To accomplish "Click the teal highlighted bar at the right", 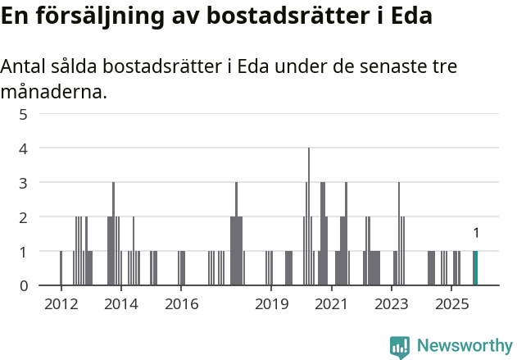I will (x=475, y=268).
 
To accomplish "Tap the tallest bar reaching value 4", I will (x=309, y=216).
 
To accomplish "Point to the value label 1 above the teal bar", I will (x=476, y=233).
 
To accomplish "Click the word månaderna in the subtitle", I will (x=53, y=92).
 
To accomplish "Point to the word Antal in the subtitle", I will (x=25, y=66).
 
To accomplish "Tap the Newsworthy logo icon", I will (x=400, y=346).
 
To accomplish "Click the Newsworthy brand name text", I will (x=465, y=346).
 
